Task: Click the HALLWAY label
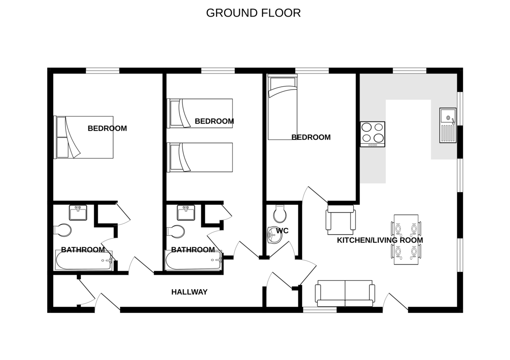(x=189, y=292)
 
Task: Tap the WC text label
(x=282, y=231)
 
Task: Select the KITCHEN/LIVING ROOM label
(x=380, y=240)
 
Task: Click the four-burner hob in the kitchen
(x=373, y=134)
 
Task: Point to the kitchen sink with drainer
(x=448, y=125)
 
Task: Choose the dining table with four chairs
(x=406, y=239)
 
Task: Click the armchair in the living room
(x=340, y=220)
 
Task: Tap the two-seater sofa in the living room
(x=345, y=293)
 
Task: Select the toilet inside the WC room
(x=280, y=214)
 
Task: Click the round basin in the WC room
(x=273, y=235)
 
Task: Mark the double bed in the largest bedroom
(x=84, y=137)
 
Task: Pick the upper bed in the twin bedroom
(x=200, y=113)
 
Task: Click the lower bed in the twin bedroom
(x=200, y=157)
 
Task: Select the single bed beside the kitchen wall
(x=282, y=107)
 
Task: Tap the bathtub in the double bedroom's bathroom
(x=84, y=260)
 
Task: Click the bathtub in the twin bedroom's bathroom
(x=194, y=260)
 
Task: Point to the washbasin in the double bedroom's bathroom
(x=78, y=213)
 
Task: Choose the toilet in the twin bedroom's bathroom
(x=176, y=232)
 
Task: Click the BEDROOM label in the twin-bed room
(x=214, y=121)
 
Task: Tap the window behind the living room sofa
(x=320, y=310)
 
